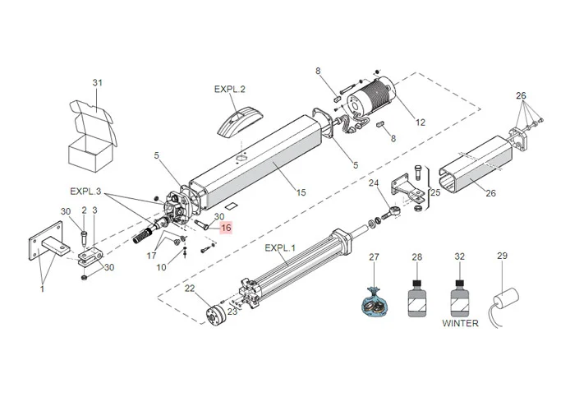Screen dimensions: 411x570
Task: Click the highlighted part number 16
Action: (x=226, y=228)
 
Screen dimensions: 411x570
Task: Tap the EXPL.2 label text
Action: (x=230, y=89)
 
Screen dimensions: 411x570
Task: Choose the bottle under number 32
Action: (x=460, y=297)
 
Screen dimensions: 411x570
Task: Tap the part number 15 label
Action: (x=301, y=192)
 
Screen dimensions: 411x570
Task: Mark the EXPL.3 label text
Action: (x=85, y=192)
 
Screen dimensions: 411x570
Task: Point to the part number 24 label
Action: (x=373, y=182)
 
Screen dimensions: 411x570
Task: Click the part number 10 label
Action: (x=161, y=267)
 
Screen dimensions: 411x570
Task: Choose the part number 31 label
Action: (x=98, y=83)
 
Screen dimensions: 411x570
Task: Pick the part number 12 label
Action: (x=421, y=122)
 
